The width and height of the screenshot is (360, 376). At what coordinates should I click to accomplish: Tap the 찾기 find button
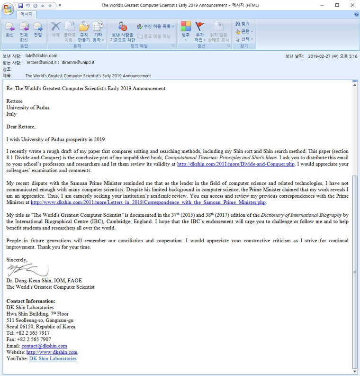pos(242,23)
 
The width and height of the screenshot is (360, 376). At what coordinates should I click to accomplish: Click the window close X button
pos(350,5)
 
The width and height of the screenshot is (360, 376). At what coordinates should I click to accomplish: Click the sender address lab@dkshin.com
pos(41,55)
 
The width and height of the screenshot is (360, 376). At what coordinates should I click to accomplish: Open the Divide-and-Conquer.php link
pos(235,164)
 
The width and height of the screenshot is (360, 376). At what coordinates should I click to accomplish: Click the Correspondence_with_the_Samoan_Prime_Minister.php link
pos(149,202)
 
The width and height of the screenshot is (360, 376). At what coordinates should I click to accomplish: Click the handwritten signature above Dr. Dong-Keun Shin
pos(27,271)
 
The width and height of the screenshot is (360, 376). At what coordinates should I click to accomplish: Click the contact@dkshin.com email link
pos(44,346)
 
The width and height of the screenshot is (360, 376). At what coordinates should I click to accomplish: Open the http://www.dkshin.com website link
pos(52,352)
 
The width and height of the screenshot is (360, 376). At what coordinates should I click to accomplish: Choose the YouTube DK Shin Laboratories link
pos(53,359)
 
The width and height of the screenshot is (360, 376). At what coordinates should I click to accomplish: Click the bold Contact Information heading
pos(31,301)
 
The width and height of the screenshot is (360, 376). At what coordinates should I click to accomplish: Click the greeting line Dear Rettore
pos(21,127)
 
